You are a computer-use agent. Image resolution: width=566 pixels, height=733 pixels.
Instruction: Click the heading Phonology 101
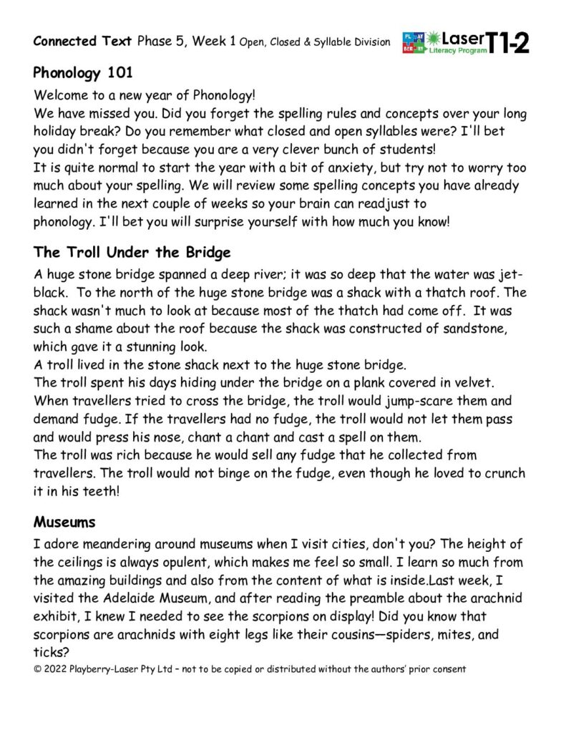[x=78, y=73]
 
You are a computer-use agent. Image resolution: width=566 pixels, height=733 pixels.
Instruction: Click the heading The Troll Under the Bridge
[x=132, y=252]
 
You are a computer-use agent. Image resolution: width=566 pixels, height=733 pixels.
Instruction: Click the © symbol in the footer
[x=38, y=669]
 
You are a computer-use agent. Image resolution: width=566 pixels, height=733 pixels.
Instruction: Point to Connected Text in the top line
[x=82, y=41]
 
